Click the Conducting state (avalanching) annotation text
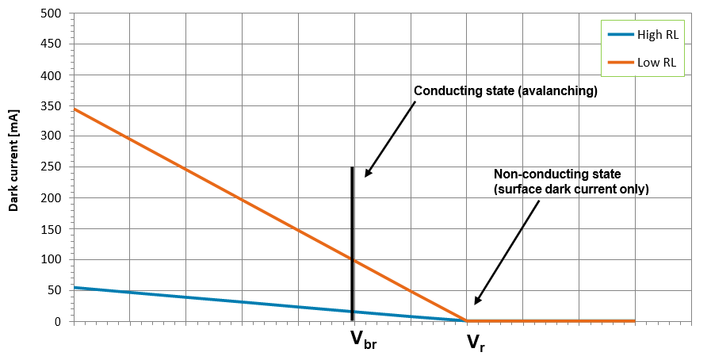[505, 91]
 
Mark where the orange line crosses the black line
[352, 259]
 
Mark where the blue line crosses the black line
[352, 312]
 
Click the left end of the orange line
[74, 109]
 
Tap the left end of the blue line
[74, 287]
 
